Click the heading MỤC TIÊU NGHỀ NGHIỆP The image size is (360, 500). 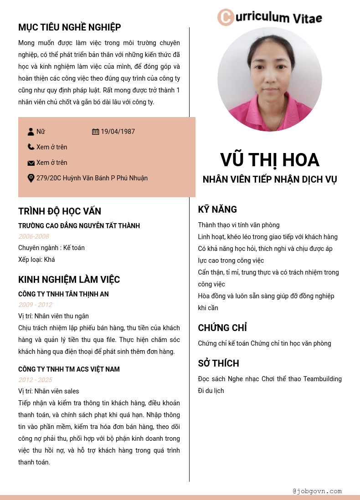[70, 27]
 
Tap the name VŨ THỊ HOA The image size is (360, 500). [270, 160]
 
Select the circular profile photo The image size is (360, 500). [270, 79]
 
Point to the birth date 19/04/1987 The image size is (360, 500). [118, 132]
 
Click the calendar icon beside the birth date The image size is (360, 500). [95, 132]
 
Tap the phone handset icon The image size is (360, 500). [31, 147]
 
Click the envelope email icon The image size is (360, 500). [31, 163]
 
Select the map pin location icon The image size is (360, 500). [31, 178]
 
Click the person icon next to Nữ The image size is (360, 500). [31, 132]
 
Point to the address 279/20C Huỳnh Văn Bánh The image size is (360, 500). [92, 178]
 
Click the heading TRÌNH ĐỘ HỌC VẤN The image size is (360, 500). [60, 211]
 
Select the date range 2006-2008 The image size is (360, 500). [34, 236]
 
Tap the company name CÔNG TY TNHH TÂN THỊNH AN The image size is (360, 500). [63, 294]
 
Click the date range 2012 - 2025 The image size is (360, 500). [35, 380]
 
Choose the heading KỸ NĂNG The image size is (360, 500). [217, 209]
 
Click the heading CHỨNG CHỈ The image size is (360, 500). [222, 328]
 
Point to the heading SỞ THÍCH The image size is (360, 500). [218, 363]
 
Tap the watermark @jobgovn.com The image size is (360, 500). [317, 491]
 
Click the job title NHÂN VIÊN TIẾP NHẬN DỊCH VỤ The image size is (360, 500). [270, 179]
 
